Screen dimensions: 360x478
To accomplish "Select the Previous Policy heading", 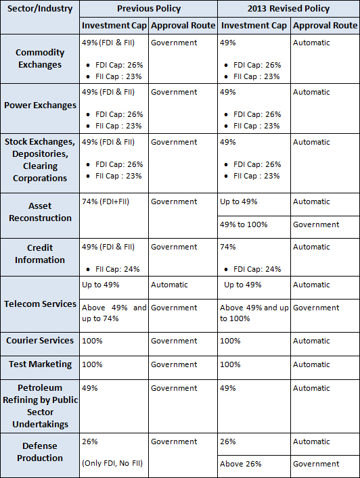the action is pyautogui.click(x=149, y=9).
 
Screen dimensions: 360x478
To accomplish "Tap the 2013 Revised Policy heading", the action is pyautogui.click(x=289, y=9).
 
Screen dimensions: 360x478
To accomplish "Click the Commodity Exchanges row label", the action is pyautogui.click(x=40, y=59).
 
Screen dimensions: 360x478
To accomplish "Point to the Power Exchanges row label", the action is pyautogui.click(x=41, y=105).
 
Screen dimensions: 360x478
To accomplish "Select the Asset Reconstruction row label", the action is pyautogui.click(x=40, y=212).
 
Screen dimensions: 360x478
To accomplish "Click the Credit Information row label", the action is pyautogui.click(x=40, y=254).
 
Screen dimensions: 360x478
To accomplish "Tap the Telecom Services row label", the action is pyautogui.click(x=41, y=304).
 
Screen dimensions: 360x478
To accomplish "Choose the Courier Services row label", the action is pyautogui.click(x=40, y=340).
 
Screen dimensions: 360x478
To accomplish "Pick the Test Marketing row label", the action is pyautogui.click(x=41, y=364).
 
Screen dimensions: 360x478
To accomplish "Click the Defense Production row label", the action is pyautogui.click(x=40, y=452).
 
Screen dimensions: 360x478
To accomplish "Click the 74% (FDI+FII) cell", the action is pyautogui.click(x=106, y=201).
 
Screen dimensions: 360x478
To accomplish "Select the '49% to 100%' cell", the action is pyautogui.click(x=244, y=224).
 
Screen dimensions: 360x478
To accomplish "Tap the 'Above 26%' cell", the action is pyautogui.click(x=241, y=464).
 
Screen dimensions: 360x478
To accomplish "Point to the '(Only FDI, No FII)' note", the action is pyautogui.click(x=112, y=463).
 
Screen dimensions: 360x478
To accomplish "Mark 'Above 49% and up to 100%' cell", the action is pyautogui.click(x=254, y=313).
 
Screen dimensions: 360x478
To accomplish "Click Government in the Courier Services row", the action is pyautogui.click(x=174, y=341).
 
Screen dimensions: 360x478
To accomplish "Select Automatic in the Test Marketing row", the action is pyautogui.click(x=311, y=364).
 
